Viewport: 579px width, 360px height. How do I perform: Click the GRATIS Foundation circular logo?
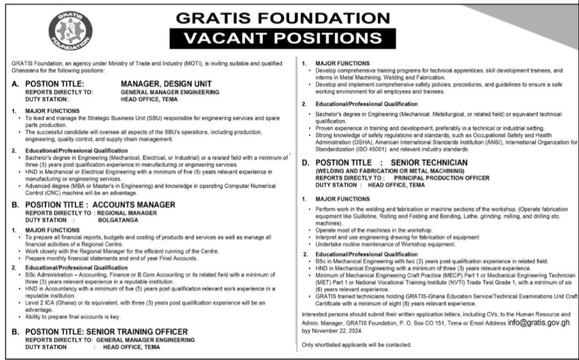pos(67,33)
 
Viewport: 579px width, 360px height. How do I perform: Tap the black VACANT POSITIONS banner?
pos(283,38)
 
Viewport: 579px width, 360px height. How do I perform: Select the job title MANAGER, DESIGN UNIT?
pos(167,84)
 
